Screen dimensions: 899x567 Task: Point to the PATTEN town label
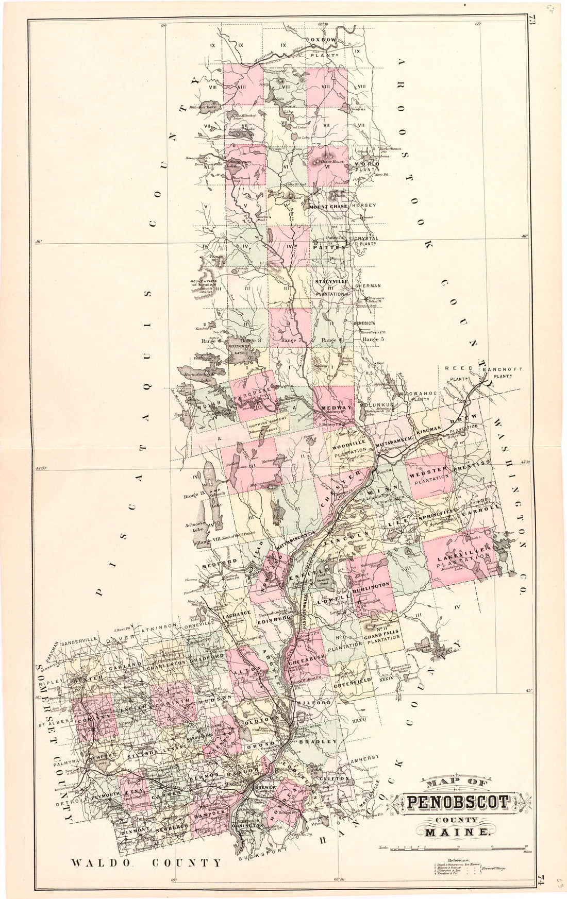328,247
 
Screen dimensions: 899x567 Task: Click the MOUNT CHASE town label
329,207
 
